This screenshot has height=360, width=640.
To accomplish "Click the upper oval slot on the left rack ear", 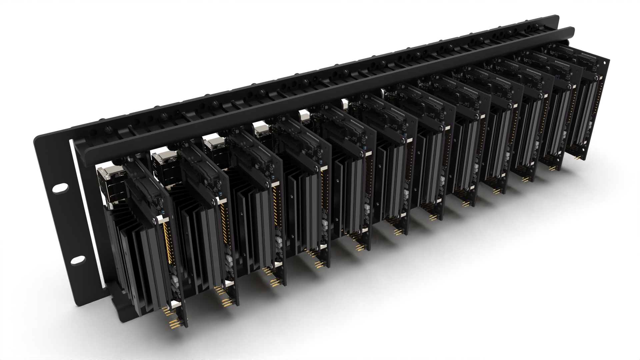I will coord(59,188).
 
